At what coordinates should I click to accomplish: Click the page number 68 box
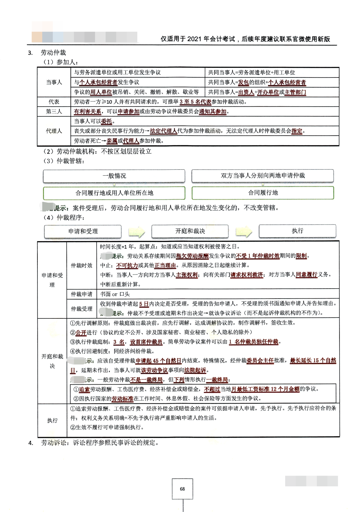point(182,489)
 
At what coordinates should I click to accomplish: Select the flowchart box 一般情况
point(114,176)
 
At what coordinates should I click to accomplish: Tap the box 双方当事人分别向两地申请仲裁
point(262,175)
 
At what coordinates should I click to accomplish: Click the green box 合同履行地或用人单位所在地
point(114,193)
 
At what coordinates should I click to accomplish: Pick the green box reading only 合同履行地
point(263,193)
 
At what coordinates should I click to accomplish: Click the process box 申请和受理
point(83,231)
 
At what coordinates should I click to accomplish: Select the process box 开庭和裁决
point(190,231)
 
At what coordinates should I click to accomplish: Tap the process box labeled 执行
point(297,231)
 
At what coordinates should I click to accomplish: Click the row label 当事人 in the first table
point(54,82)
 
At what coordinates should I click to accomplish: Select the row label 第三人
point(54,111)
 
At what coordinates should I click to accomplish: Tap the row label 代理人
point(54,131)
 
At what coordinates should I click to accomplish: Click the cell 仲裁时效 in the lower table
point(82,265)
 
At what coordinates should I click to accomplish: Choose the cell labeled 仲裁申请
point(82,294)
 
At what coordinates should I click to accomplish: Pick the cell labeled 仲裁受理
point(82,309)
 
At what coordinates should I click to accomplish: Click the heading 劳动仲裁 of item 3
point(53,52)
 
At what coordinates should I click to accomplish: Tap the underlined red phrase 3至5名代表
point(195,102)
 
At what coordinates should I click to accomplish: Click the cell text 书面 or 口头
point(115,294)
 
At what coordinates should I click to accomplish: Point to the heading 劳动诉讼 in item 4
point(54,443)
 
